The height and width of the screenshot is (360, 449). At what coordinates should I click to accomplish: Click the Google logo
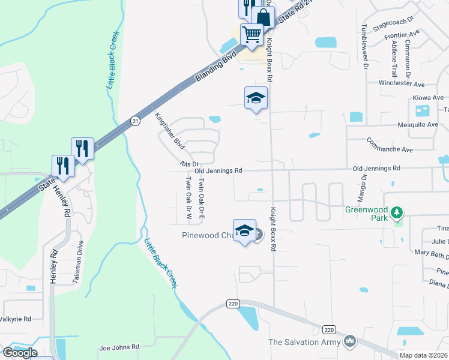click(x=19, y=353)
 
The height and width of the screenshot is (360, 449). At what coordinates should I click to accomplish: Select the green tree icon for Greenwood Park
click(x=396, y=212)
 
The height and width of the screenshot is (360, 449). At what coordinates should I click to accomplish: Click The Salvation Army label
click(x=304, y=342)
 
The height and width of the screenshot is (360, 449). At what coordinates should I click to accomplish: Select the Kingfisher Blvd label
click(x=169, y=130)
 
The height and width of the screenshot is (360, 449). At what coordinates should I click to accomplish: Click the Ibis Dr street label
click(x=188, y=163)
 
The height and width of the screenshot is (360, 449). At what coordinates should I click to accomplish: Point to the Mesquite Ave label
click(x=418, y=125)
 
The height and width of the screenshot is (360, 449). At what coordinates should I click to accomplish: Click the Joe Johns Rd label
click(x=119, y=347)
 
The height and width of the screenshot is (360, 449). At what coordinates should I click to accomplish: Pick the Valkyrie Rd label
click(x=16, y=319)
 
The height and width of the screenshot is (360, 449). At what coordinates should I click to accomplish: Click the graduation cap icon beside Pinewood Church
click(x=244, y=231)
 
